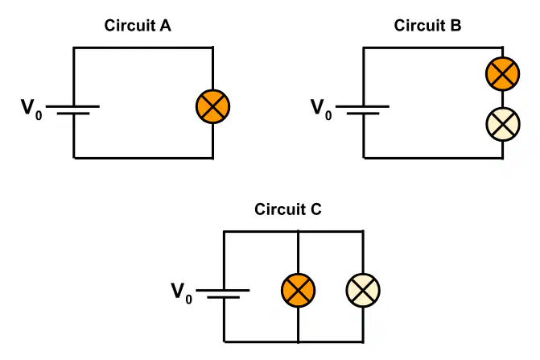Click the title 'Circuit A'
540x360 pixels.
pos(138,26)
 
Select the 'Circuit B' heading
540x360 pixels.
pos(427,26)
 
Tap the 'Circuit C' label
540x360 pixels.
pos(288,209)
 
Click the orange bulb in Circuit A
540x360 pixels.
pos(212,106)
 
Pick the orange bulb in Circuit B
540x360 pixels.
pos(502,74)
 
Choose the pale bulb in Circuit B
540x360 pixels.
pos(502,124)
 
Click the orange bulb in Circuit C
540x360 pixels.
pos(299,291)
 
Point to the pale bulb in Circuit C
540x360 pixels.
pos(363,291)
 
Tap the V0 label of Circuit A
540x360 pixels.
pos(31,110)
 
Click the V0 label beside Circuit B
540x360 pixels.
pos(321,110)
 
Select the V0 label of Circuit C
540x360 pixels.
pos(182,293)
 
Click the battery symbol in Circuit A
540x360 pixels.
pos(73,110)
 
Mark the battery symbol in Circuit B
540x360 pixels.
pos(363,110)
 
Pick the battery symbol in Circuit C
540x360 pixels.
pos(223,294)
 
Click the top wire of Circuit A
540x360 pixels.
pos(143,48)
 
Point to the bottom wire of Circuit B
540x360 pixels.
pos(433,158)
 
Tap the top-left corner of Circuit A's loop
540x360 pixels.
pos(73,48)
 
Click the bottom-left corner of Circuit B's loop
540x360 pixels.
pos(363,158)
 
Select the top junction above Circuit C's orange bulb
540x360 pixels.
pos(299,231)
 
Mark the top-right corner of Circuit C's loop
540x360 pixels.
pos(363,231)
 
